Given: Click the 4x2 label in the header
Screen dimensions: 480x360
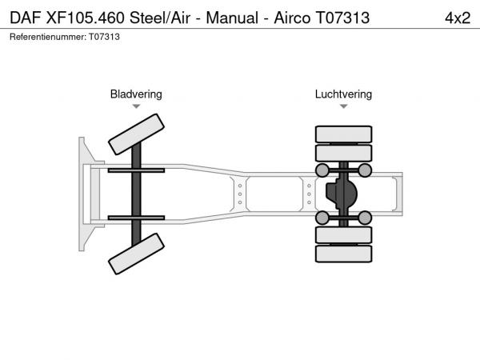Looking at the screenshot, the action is [458, 18].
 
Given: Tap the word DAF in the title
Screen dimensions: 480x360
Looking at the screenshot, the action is [26, 18].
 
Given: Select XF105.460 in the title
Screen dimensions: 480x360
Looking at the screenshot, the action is [85, 18].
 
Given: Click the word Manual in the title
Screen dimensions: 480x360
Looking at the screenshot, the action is [232, 18].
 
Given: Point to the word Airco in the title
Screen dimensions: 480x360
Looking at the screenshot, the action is [292, 18].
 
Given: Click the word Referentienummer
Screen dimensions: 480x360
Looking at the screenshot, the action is [48, 37].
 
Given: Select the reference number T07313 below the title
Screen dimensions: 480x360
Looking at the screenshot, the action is [104, 37].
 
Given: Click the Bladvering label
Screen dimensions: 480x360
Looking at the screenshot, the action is [136, 94].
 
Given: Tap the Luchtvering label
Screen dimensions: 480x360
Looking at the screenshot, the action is [343, 94].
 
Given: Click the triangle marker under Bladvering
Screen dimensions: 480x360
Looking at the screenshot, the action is [136, 106].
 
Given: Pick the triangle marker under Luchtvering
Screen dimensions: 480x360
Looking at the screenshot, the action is [343, 106].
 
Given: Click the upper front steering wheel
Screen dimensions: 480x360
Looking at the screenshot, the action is [136, 134].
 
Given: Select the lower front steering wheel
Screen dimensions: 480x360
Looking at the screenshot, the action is [136, 254].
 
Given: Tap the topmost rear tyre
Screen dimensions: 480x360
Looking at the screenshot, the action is [343, 134].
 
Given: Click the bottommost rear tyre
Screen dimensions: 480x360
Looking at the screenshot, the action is [343, 254].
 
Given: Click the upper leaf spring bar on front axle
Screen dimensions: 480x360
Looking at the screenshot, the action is [136, 170].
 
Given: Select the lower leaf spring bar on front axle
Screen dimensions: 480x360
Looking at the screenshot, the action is [136, 218].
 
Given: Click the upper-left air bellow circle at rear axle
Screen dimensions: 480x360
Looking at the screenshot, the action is [322, 170].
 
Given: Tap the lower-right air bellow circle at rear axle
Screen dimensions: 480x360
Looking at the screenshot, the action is [365, 218].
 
